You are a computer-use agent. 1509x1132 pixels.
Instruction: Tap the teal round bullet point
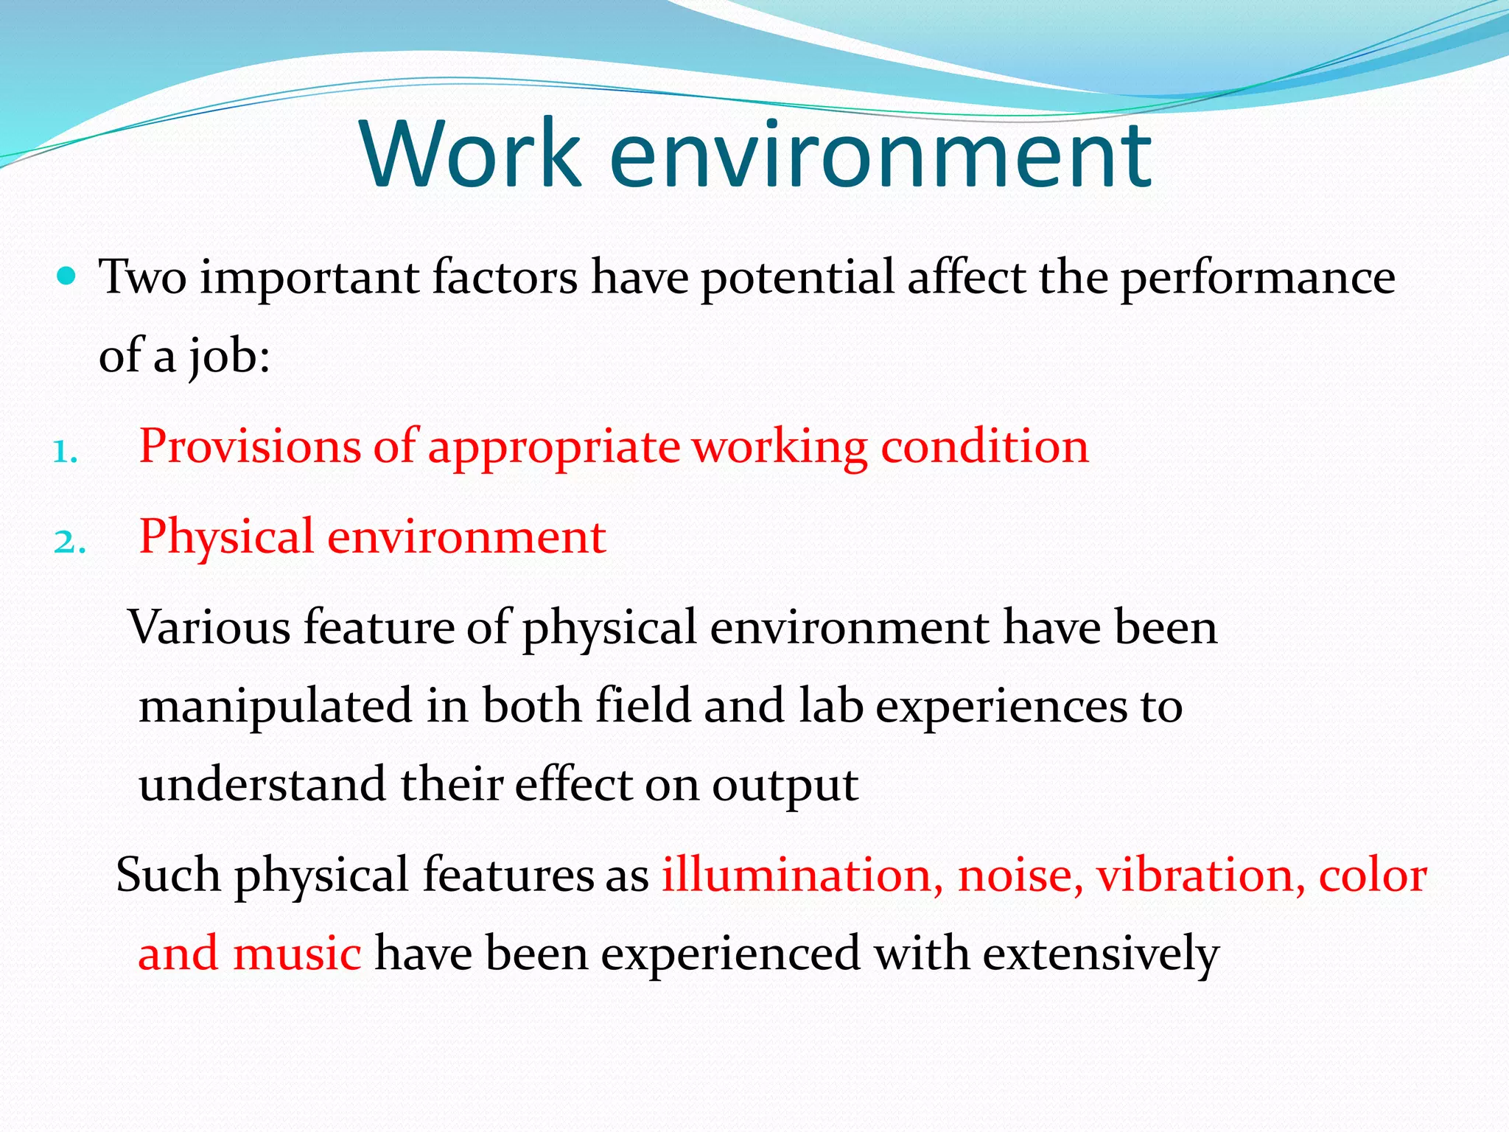click(66, 276)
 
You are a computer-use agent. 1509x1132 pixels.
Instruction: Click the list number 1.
click(64, 451)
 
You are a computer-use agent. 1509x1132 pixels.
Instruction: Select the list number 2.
click(69, 542)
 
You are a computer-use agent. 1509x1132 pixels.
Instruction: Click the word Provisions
click(249, 447)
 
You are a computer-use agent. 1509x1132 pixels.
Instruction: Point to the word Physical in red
click(226, 537)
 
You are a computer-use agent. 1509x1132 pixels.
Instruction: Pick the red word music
click(296, 954)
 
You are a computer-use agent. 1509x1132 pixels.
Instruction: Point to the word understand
click(262, 785)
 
